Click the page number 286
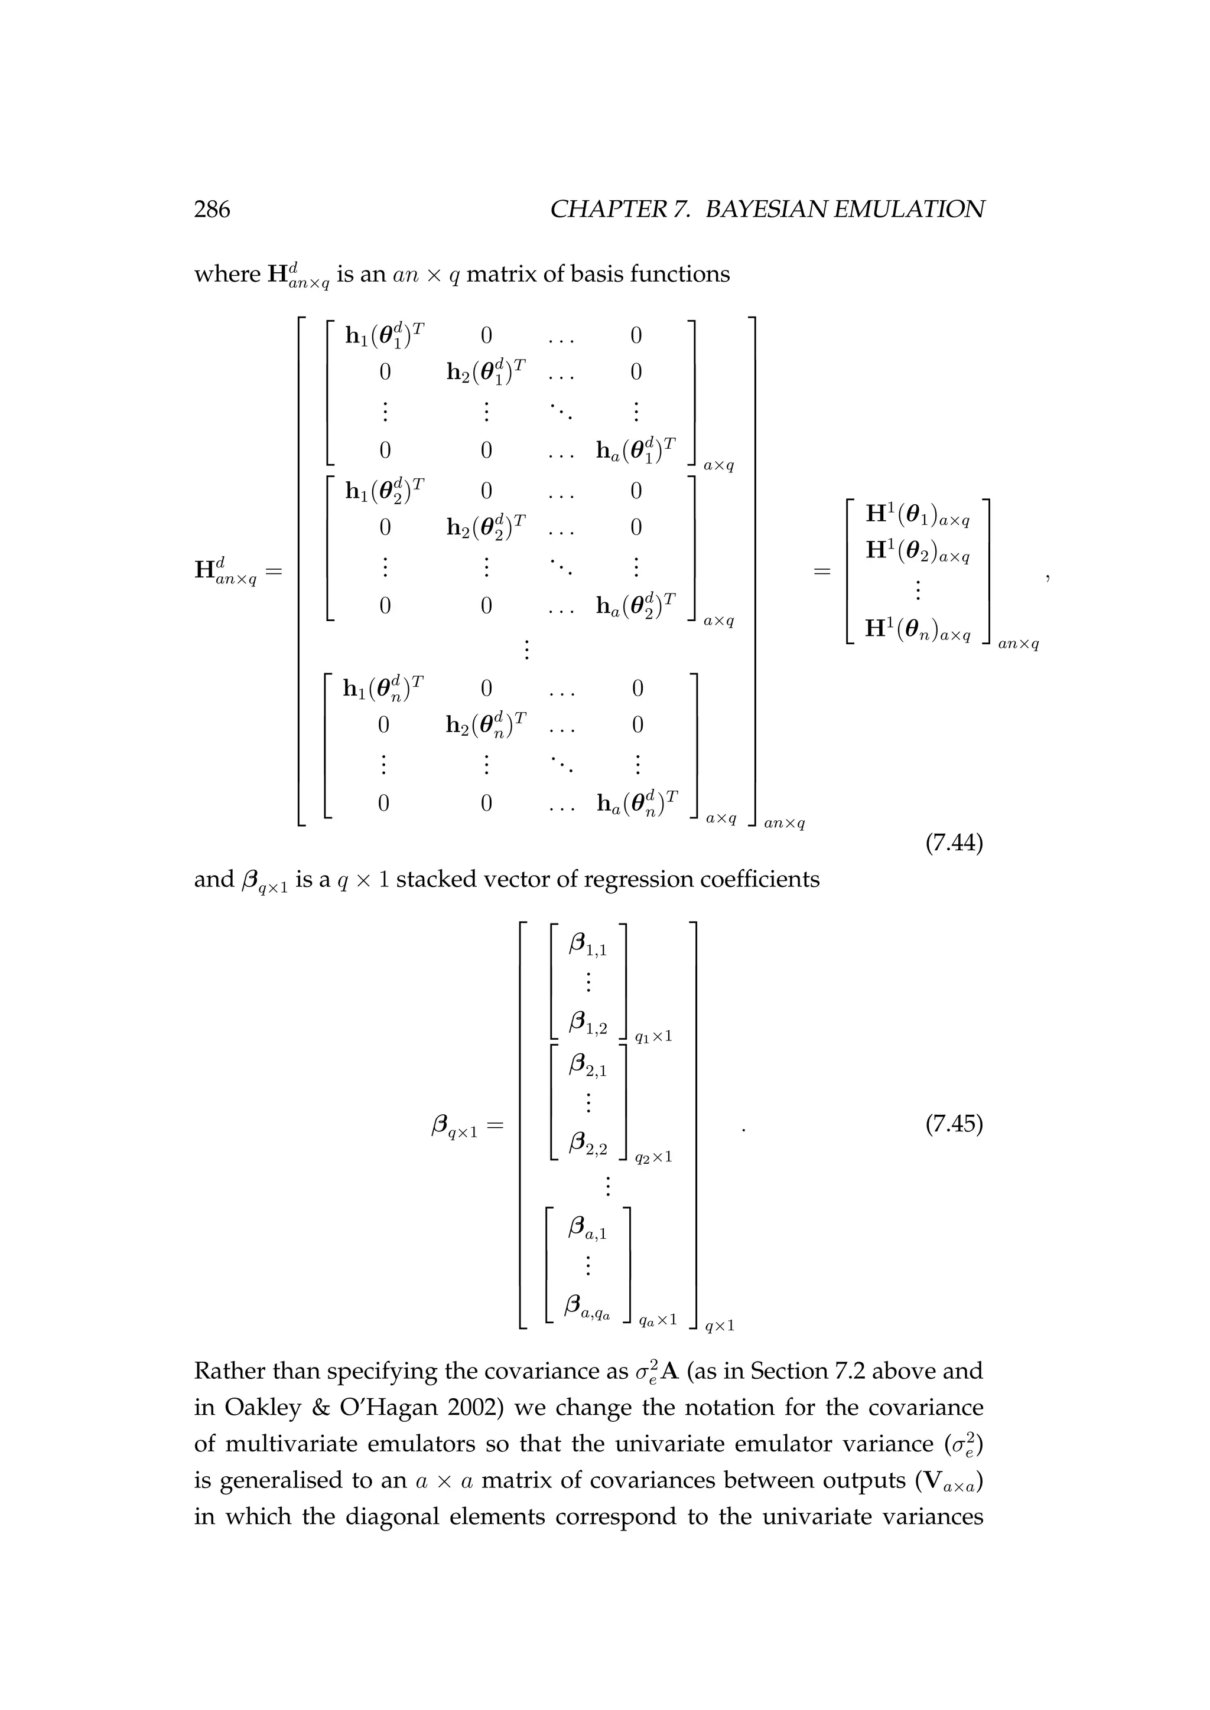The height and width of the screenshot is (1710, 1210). pos(212,210)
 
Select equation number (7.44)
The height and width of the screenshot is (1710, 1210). pos(954,843)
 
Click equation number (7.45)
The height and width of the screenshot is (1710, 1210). pos(954,1124)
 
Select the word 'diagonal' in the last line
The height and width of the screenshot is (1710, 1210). pos(391,1516)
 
